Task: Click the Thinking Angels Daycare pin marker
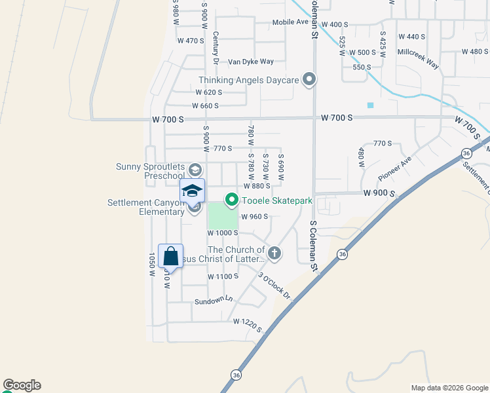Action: pyautogui.click(x=310, y=80)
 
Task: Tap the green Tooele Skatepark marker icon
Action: pyautogui.click(x=231, y=200)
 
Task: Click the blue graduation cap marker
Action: pyautogui.click(x=192, y=191)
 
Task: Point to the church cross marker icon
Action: pyautogui.click(x=274, y=253)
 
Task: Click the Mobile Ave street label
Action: pyautogui.click(x=290, y=22)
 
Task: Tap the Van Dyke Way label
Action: pyautogui.click(x=250, y=62)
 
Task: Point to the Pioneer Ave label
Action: pyautogui.click(x=394, y=169)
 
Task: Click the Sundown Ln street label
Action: pyautogui.click(x=214, y=300)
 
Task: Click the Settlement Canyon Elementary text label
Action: pyautogui.click(x=146, y=207)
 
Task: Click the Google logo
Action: pyautogui.click(x=22, y=385)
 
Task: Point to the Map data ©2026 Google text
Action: pyautogui.click(x=449, y=387)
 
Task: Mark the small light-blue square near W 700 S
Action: pyautogui.click(x=371, y=105)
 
